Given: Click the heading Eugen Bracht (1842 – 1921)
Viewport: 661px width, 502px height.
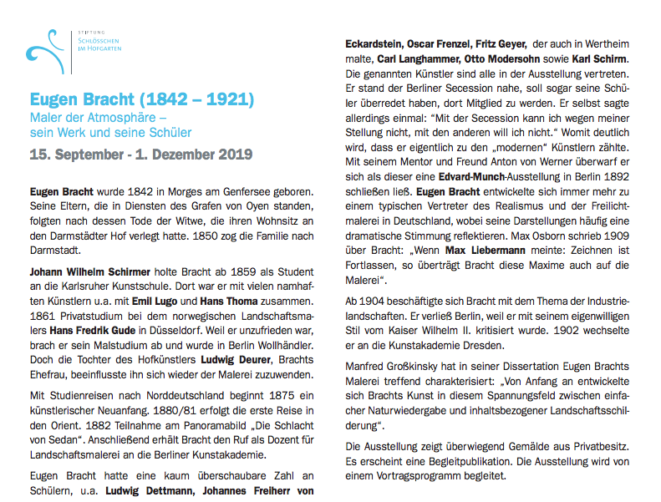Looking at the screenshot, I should tap(141, 99).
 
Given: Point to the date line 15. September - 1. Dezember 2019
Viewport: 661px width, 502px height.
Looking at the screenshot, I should tap(140, 155).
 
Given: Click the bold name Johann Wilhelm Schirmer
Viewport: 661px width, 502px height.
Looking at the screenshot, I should tap(90, 272).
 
